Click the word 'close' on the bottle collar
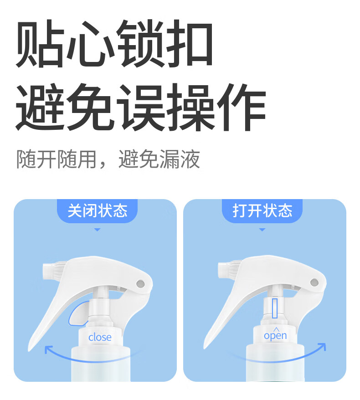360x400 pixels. [x=100, y=337]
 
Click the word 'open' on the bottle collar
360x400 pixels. [x=275, y=336]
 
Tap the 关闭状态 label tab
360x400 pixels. [x=97, y=211]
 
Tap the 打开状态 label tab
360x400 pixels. [x=262, y=211]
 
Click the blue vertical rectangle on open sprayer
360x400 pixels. [x=274, y=308]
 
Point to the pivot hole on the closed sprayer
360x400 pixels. [x=140, y=283]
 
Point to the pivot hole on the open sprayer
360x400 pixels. [x=314, y=282]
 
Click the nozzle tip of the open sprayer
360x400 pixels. [x=221, y=270]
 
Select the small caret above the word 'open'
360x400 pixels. [x=276, y=329]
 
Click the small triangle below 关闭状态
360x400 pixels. [x=97, y=230]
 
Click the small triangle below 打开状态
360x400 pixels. [x=262, y=230]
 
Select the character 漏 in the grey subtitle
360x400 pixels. [x=170, y=159]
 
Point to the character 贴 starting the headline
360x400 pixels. [x=40, y=44]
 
